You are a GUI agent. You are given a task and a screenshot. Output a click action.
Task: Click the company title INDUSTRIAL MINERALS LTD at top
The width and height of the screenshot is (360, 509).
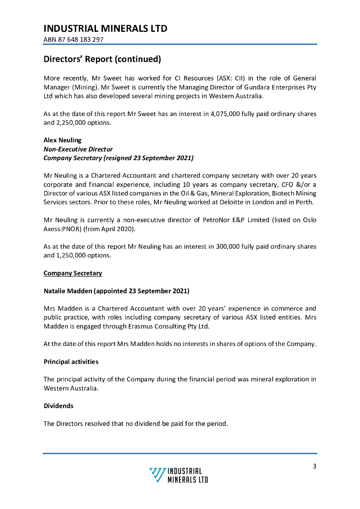(105, 28)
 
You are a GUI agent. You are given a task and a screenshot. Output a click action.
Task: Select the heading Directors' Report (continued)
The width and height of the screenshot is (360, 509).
(102, 59)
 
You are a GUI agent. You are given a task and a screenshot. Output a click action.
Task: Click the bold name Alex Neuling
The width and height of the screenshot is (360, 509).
(63, 140)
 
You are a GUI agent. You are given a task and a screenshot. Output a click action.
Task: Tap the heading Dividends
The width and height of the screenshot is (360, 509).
(59, 406)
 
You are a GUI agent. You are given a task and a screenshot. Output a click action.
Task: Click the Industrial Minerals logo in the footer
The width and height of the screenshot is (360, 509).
(179, 475)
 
